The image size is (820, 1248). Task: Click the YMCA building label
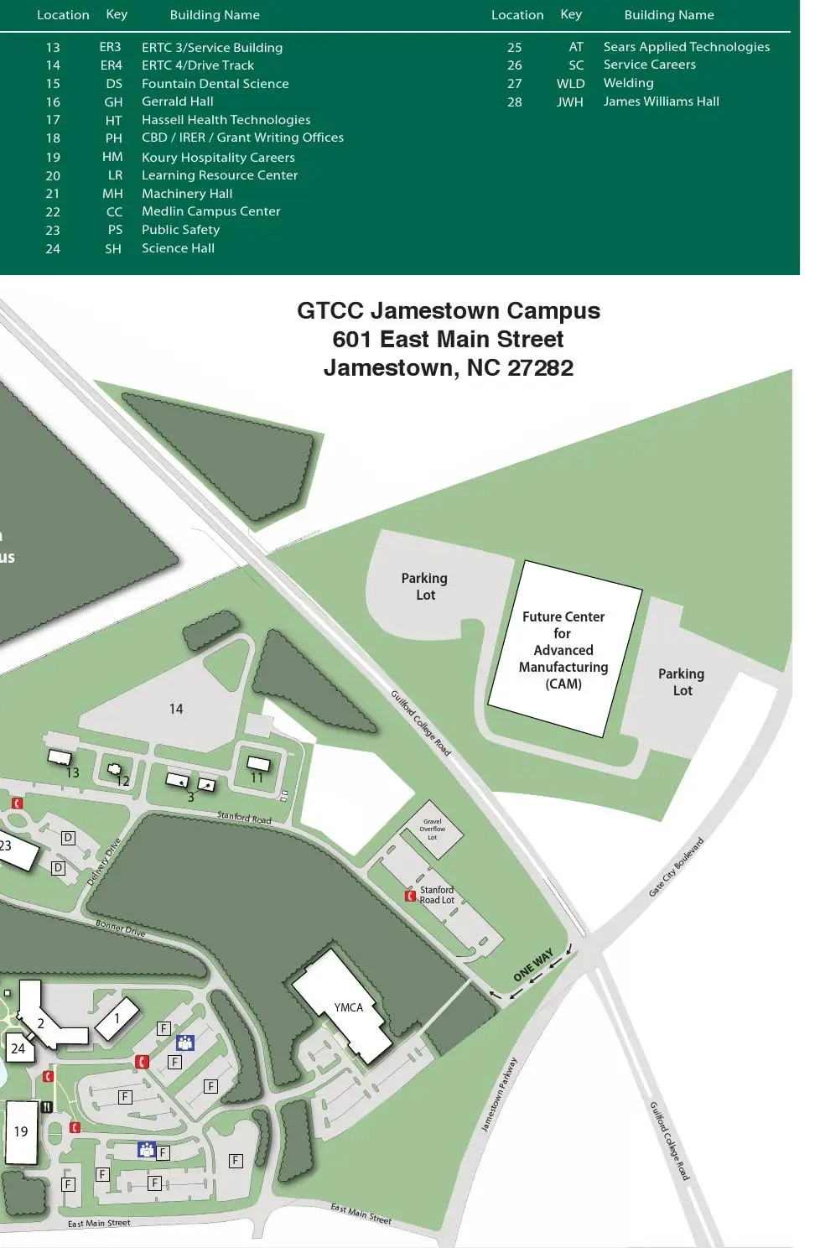coord(349,1007)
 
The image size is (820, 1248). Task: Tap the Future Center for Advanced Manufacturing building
coord(563,650)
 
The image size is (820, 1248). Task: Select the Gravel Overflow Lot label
coord(433,829)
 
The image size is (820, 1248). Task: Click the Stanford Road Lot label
coord(437,895)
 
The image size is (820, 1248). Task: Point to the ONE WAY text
coord(533,965)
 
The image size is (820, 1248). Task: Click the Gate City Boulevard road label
coord(676,867)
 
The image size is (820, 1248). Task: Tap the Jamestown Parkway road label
coord(499,1095)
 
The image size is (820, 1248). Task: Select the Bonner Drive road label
coord(120,928)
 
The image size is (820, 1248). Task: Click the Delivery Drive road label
coord(104,861)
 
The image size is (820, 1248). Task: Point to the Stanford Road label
coord(244,817)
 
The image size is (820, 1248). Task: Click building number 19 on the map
coord(21,1131)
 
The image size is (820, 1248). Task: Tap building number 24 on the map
coord(18,1048)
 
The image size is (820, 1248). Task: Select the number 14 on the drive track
coord(176,709)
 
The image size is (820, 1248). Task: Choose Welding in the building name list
coord(628,83)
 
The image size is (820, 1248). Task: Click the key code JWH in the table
coord(570,101)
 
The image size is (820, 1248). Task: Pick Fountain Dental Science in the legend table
coord(215,84)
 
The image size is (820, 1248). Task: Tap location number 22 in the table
coord(53,212)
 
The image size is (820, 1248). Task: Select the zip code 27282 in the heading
coord(540,367)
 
